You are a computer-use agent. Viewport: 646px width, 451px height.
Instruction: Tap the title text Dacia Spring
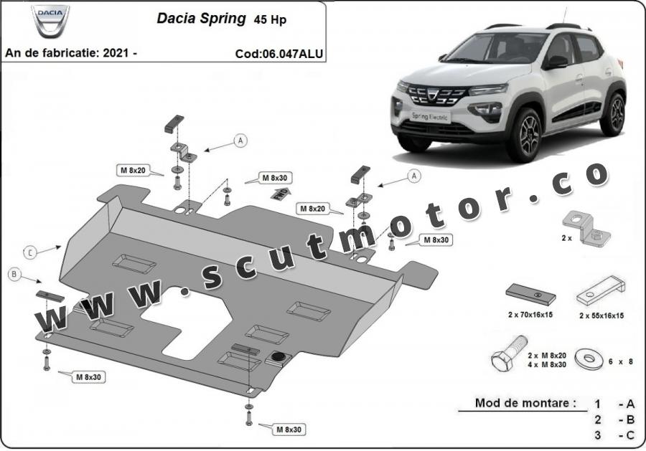click(x=201, y=19)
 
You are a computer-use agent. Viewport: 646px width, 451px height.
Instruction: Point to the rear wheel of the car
click(x=613, y=114)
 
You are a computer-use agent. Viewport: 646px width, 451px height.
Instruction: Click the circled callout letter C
click(x=31, y=252)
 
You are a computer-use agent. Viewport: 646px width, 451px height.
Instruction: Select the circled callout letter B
click(x=14, y=275)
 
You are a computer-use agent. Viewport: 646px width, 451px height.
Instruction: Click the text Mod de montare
click(x=525, y=403)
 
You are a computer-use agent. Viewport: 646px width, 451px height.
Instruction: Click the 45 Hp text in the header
click(x=270, y=20)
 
